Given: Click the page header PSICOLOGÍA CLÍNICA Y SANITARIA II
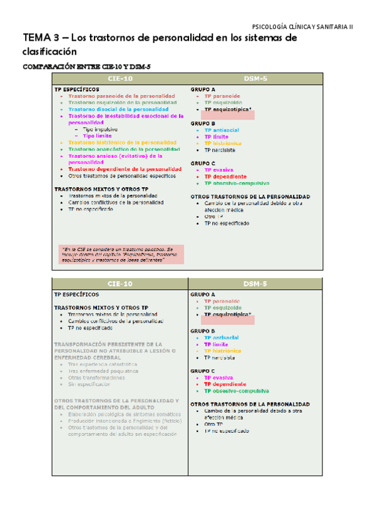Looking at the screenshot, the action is tap(302, 26).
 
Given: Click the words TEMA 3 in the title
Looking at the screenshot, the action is tap(41, 39).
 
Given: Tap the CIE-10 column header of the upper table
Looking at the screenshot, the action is tap(119, 79).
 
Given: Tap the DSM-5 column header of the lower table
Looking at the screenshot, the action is tap(255, 284).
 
